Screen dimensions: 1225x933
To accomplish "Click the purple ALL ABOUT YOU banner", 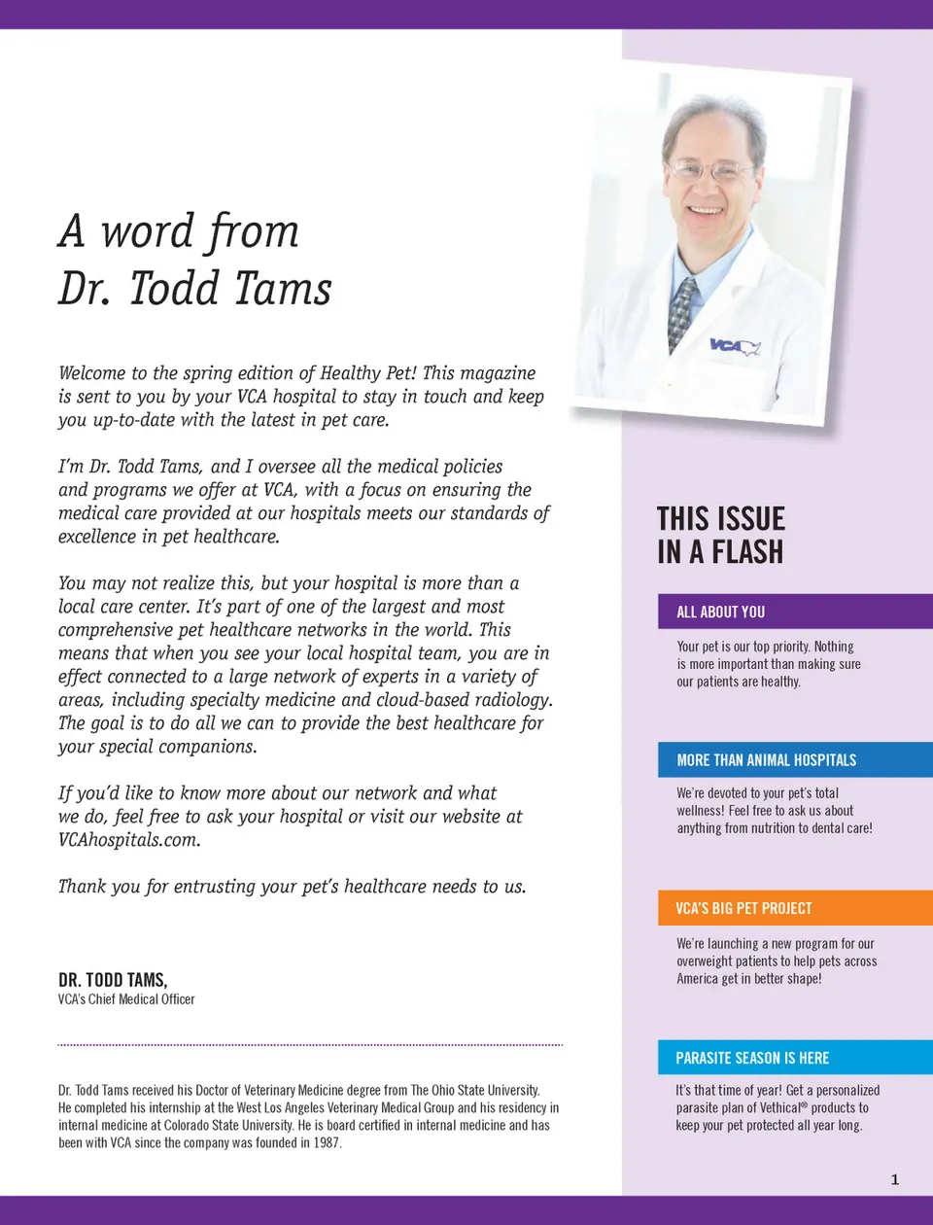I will click(795, 612).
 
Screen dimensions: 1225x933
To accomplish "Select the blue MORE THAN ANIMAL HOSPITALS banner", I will click(795, 760).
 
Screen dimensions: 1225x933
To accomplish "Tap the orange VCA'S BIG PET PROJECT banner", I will click(795, 908).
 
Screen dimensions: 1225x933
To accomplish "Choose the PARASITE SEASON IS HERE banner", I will click(795, 1058).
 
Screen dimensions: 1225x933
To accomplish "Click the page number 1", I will click(895, 1179).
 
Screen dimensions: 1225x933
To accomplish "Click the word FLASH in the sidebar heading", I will click(747, 552).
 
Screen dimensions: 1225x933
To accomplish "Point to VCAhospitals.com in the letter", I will click(128, 840).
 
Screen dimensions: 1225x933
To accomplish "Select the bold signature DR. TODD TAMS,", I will click(113, 980).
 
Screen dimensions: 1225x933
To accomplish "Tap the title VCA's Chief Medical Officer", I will click(126, 999).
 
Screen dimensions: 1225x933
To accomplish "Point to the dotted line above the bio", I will click(310, 1045).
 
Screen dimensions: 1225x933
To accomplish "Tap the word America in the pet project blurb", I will click(697, 979).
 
